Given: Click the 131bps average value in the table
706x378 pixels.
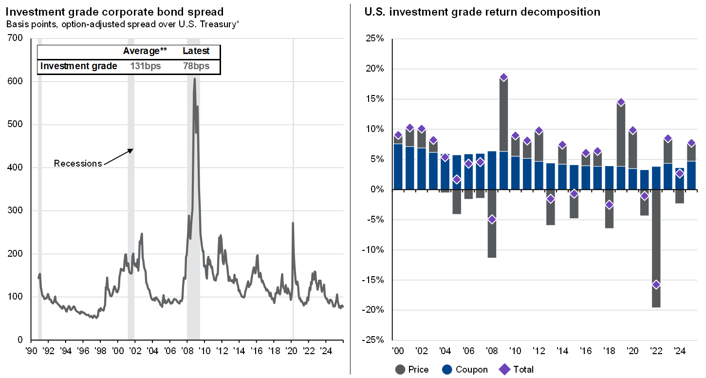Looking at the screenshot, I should coord(146,66).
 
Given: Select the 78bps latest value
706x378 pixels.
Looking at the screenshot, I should coord(196,66).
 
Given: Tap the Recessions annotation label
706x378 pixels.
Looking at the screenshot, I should coord(78,163).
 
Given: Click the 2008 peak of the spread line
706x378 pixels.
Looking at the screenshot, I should coord(194,78).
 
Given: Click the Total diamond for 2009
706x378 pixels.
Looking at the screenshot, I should coord(503,77).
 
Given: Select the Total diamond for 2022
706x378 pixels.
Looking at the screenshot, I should coord(656,284).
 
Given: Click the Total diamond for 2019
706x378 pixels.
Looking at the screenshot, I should coord(621,102).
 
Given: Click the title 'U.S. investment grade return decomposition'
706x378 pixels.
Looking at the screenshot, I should coord(482,12).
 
